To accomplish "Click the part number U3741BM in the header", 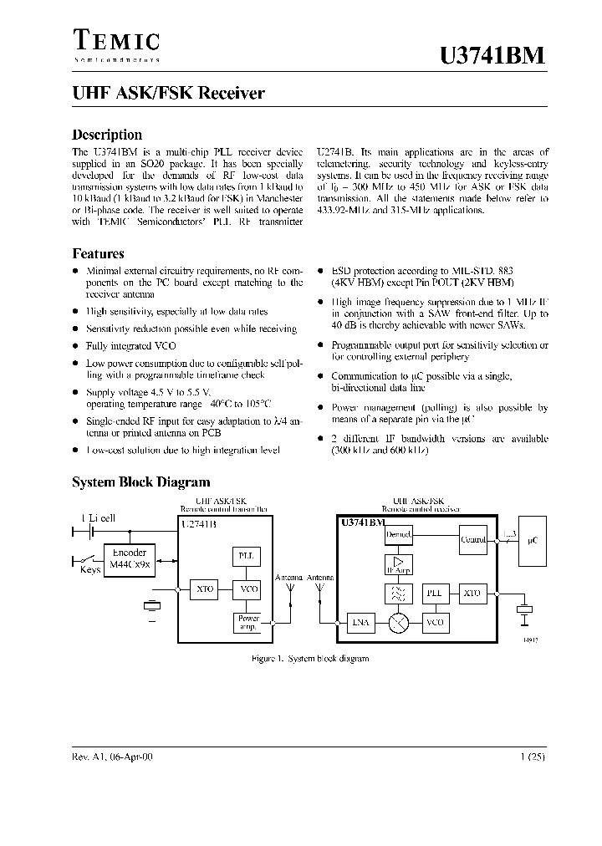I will (x=492, y=56).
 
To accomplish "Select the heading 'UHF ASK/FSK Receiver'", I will (x=168, y=94).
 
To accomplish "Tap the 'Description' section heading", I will (x=107, y=135).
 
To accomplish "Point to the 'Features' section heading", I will (x=98, y=253).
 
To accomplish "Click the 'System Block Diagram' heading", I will (x=140, y=482).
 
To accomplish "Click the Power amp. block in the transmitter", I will (x=248, y=623).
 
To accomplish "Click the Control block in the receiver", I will (x=473, y=540).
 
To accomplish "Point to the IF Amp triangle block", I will (x=398, y=565).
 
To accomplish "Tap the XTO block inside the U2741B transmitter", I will (x=205, y=590).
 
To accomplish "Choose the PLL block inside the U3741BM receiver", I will (x=435, y=593).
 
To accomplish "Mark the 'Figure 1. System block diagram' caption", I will (x=310, y=659).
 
